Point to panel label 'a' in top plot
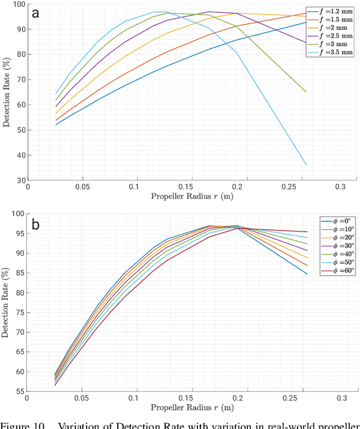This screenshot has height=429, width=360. [36, 13]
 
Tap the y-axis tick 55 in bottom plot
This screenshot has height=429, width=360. [20, 391]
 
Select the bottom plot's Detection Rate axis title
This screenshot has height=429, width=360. [6, 302]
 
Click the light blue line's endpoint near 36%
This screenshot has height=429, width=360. [306, 165]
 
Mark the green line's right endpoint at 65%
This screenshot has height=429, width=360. [306, 92]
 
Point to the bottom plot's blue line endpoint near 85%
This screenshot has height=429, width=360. [307, 274]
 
